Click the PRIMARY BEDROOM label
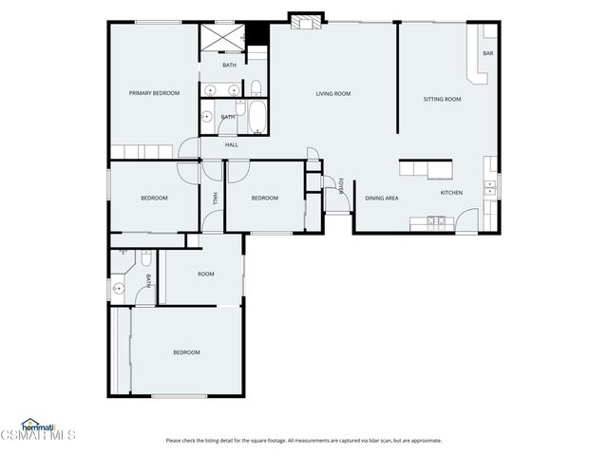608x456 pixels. coord(154,93)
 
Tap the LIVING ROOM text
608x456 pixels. coord(333,93)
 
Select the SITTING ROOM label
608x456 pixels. coord(442,99)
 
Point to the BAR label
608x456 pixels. coord(487,53)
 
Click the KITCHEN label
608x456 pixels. coord(451,193)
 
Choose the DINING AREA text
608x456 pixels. coord(381,198)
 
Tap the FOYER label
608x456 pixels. coord(342,186)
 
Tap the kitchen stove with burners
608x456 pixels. coord(435,223)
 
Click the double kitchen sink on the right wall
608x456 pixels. coord(490,187)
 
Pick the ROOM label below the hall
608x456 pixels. coord(205,274)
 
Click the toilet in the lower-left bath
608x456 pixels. coord(144,259)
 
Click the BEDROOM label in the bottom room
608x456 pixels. coord(186,352)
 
